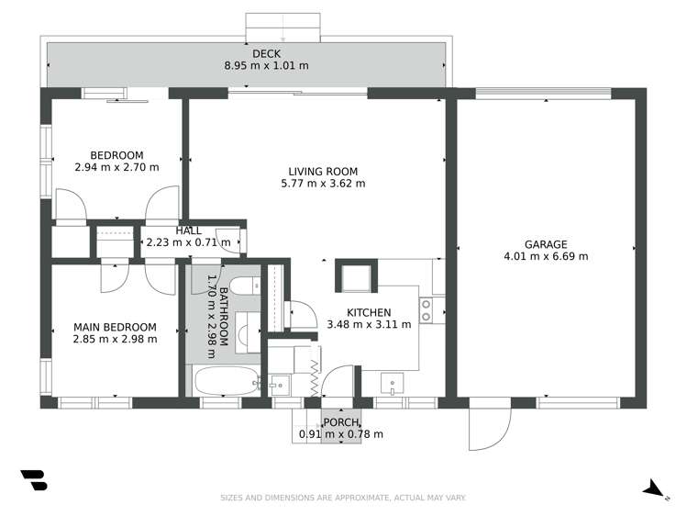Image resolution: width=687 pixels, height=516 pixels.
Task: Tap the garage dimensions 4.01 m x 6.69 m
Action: coord(546,256)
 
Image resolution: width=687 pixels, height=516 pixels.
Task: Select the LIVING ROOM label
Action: coord(323,171)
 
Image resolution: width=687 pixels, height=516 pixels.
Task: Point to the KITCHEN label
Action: coord(369,312)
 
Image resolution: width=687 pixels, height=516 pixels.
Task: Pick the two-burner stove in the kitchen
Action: coord(427,311)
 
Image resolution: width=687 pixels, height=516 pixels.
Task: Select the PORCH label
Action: coord(339,422)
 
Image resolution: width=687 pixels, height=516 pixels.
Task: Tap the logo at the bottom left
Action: coord(34,481)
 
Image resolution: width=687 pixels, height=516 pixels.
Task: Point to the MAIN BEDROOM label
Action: coord(116,327)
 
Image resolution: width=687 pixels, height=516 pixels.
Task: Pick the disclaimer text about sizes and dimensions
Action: coord(343,498)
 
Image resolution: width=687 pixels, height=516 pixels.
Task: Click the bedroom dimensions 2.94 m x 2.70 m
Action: coord(116,167)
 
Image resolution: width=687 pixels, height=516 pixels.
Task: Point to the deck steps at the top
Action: coord(283,28)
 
